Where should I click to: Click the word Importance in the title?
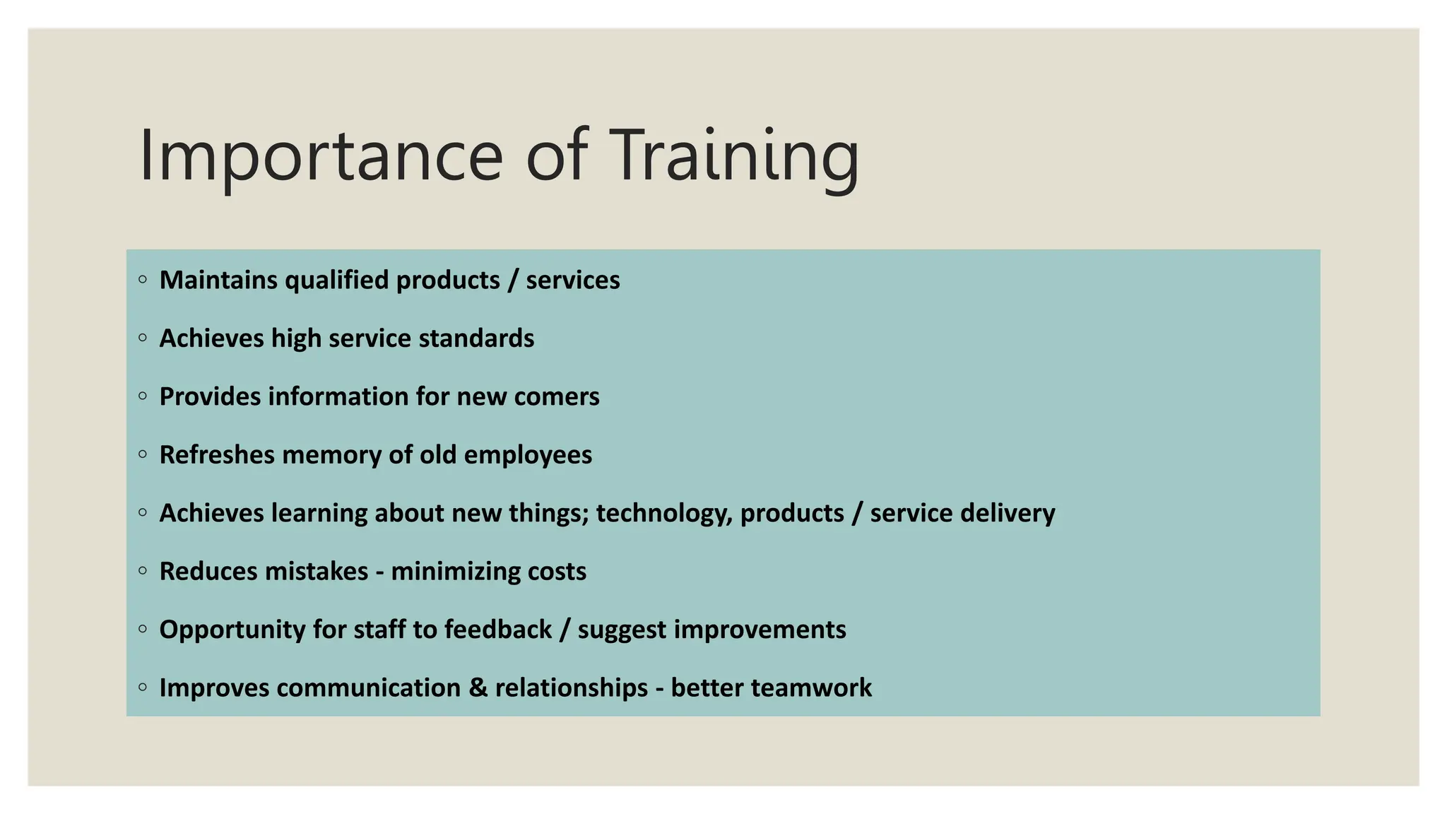pos(320,157)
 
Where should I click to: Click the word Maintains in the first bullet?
pos(218,281)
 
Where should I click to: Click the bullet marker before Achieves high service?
pos(143,338)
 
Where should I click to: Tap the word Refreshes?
pos(217,455)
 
